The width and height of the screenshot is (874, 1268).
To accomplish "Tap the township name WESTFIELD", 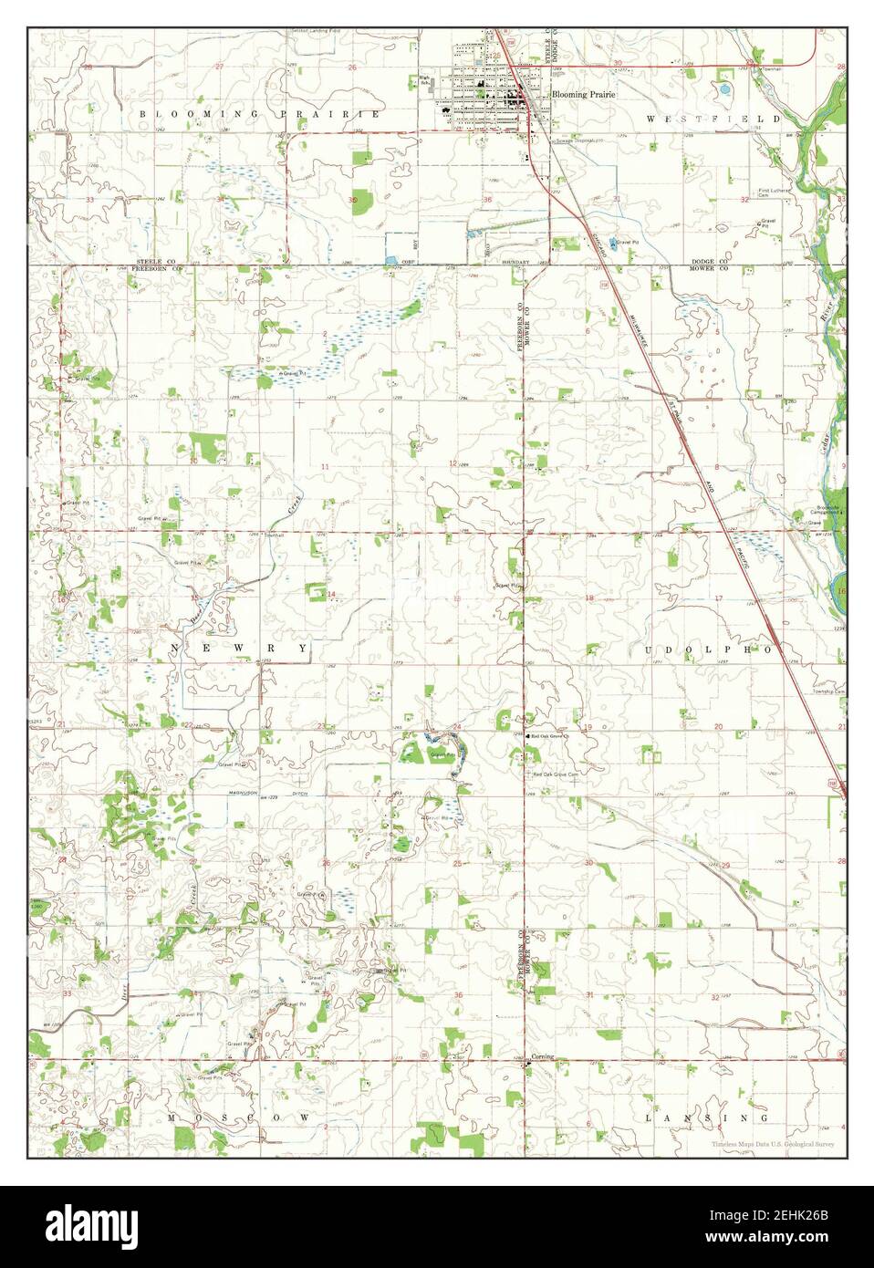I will coord(713,119).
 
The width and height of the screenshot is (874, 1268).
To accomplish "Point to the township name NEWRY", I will coord(239,647).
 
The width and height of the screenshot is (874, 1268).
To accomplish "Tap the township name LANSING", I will coord(706,1117).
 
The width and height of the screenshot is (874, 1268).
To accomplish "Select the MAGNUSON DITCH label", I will coord(258,795).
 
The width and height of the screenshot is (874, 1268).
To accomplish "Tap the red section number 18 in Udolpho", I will coord(589,598).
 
